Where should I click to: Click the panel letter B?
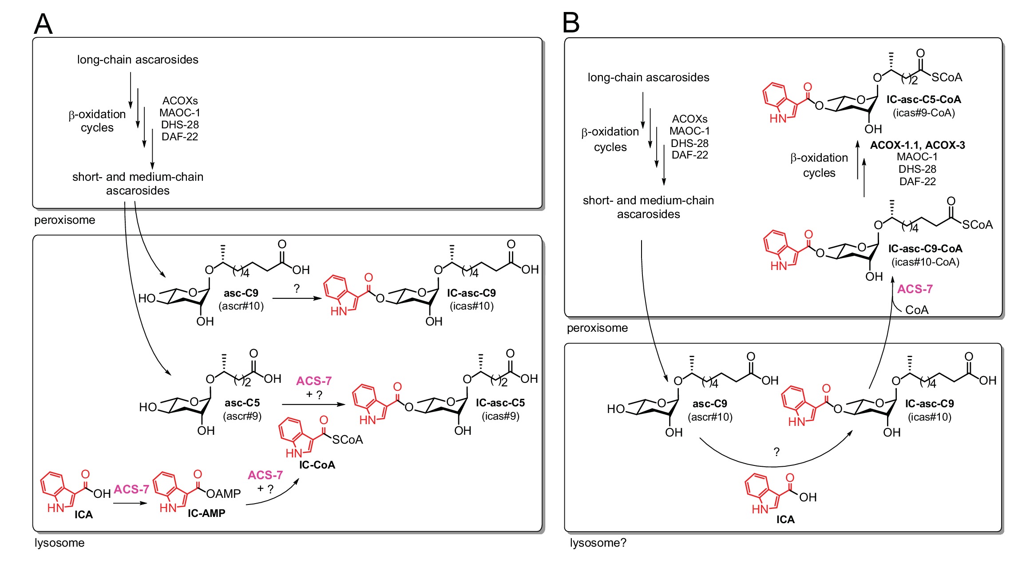571,23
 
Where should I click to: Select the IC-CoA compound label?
317,465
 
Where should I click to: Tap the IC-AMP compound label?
206,513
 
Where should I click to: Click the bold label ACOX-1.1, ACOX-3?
917,145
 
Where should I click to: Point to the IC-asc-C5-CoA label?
923,99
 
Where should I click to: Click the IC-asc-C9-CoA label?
925,249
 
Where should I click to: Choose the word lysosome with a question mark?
598,543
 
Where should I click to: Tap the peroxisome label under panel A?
64,220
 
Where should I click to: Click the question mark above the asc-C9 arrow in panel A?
297,289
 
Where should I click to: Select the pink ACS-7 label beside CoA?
915,289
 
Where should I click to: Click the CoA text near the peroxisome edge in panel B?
916,310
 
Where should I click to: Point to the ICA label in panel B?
785,520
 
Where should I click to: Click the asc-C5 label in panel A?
242,403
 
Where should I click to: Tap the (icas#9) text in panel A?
500,416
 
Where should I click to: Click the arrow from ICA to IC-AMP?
130,503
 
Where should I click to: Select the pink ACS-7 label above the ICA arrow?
131,489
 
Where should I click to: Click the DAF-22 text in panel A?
179,137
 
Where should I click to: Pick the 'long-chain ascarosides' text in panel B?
648,77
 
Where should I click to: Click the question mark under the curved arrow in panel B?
776,452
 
